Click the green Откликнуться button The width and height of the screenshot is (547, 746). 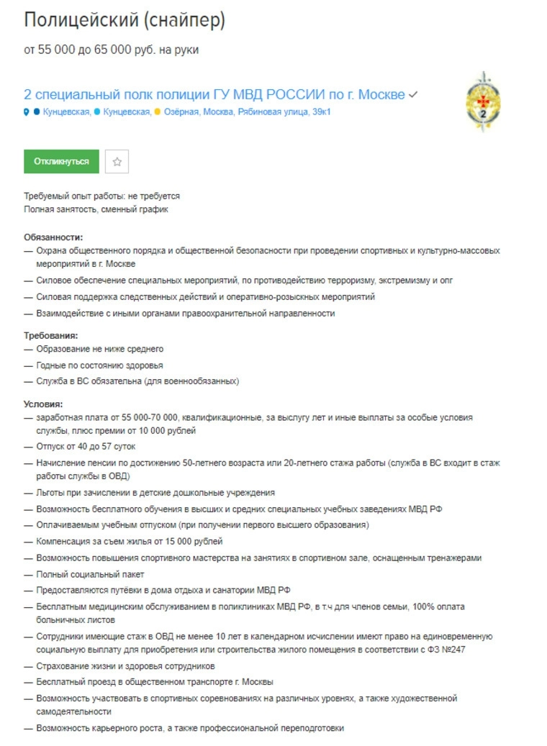click(x=61, y=162)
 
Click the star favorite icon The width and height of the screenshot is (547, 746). click(x=117, y=162)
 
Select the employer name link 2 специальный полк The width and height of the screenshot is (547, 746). click(x=214, y=95)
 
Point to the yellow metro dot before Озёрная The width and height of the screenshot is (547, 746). click(x=157, y=112)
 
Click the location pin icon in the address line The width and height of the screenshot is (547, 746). click(x=27, y=112)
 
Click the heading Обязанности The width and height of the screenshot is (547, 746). click(x=53, y=237)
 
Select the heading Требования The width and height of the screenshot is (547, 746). click(x=50, y=335)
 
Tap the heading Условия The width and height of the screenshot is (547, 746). click(x=43, y=404)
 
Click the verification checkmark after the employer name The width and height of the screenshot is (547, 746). click(x=413, y=95)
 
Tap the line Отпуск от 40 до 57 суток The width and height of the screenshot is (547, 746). click(x=86, y=447)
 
